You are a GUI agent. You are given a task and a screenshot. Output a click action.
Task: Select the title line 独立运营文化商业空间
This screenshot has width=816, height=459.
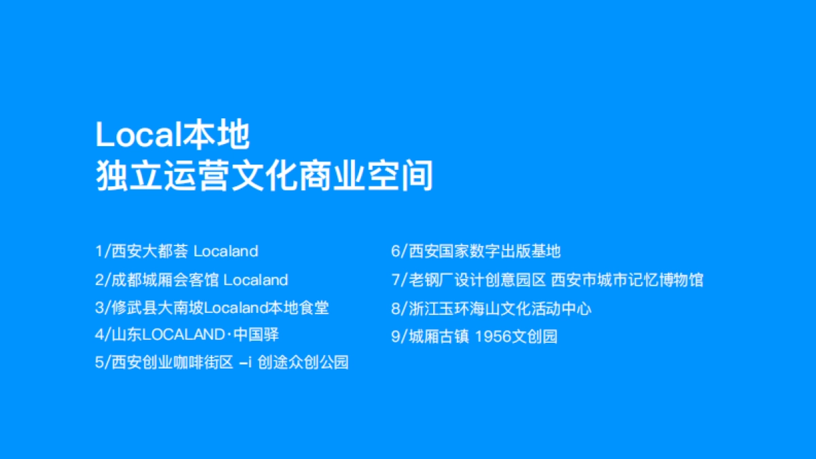tap(264, 176)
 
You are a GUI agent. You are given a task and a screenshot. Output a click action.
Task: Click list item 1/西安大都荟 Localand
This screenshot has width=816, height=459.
tap(177, 251)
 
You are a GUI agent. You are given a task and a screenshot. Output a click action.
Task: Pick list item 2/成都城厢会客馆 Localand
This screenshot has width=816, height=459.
tap(192, 279)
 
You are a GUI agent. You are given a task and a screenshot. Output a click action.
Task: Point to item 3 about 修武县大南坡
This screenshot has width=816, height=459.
tap(212, 307)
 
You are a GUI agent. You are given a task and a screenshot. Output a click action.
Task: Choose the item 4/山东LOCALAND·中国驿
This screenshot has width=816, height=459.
tap(187, 335)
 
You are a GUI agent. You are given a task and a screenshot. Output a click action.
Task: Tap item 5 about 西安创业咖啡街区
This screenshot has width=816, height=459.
tap(222, 362)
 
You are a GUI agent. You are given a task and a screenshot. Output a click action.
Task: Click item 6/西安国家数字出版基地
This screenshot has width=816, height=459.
tap(476, 251)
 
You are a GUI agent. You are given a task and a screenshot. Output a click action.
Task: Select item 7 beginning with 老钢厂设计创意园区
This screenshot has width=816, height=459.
tap(547, 279)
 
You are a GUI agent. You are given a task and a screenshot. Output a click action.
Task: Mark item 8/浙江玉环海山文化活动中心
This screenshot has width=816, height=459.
tap(491, 309)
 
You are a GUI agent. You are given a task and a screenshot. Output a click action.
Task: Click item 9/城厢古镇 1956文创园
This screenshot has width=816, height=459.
tap(474, 337)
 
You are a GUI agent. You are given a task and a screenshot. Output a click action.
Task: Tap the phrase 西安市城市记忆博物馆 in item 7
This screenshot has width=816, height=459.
tap(627, 279)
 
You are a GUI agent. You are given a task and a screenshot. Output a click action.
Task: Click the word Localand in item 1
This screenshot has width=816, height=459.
tap(226, 251)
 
